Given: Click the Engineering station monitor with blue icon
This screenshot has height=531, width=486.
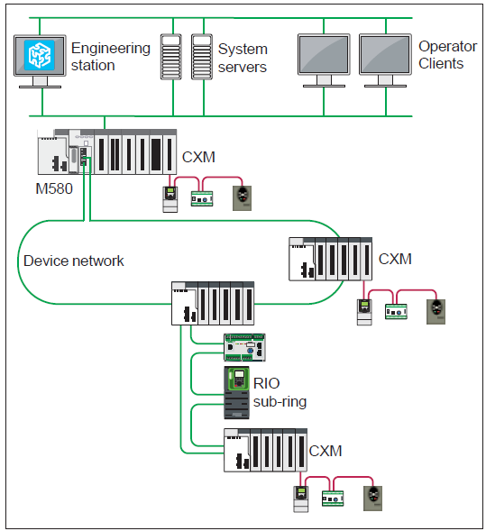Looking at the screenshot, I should [40, 57].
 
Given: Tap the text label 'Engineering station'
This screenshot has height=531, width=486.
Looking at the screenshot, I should [110, 56].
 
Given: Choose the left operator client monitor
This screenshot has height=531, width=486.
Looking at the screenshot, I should [325, 57].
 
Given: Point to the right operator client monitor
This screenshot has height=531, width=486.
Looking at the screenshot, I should [386, 57].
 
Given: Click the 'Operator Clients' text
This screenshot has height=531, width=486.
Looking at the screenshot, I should [441, 54].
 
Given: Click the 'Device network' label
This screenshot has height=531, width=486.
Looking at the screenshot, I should [74, 261].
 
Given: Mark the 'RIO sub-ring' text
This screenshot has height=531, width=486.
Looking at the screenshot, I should [279, 392].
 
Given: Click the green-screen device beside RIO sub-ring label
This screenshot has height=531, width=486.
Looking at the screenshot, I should [238, 391].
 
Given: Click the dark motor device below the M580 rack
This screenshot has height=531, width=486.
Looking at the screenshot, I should [239, 197].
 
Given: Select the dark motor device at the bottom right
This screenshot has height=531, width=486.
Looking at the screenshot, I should [371, 497].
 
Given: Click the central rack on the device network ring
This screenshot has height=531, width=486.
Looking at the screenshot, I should [213, 303].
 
